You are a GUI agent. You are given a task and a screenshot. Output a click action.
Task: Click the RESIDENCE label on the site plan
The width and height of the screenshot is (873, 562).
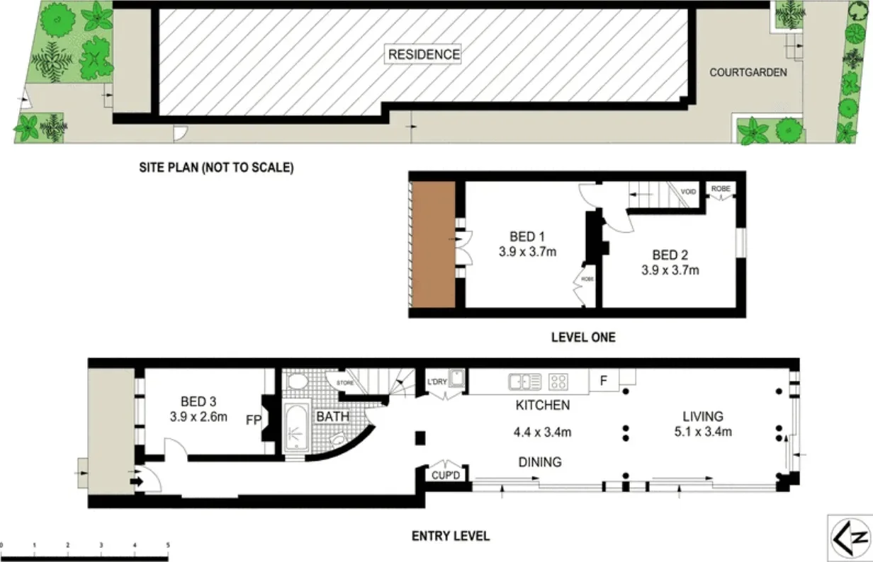(423, 54)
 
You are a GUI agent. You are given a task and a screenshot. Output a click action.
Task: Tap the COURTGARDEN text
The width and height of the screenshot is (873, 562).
(748, 72)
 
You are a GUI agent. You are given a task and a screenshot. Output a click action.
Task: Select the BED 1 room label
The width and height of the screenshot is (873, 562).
(527, 236)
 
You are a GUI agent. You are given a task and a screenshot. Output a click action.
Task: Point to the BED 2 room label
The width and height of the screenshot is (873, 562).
(670, 255)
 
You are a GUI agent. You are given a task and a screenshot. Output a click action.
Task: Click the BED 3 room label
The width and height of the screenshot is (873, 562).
(198, 401)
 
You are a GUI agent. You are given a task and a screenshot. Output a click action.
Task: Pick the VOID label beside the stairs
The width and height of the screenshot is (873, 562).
(688, 192)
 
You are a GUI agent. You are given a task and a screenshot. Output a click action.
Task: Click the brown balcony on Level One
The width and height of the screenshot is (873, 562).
(433, 244)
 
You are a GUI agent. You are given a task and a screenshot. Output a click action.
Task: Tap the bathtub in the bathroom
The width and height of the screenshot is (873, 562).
(295, 428)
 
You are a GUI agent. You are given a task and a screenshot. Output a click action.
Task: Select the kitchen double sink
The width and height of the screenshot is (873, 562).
(524, 382)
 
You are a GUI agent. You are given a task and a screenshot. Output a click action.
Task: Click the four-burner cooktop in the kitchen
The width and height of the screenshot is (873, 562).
(558, 382)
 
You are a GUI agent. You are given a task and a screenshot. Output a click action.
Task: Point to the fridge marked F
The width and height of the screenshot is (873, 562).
(604, 381)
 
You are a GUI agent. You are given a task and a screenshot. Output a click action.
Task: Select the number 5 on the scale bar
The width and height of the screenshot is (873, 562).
(167, 545)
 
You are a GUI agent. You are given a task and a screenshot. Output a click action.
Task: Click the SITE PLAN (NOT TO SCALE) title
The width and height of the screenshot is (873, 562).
(216, 168)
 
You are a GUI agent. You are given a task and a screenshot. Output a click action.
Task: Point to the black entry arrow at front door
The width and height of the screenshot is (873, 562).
(136, 482)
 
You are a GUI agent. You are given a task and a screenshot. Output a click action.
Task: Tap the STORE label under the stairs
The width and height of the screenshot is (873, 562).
(345, 383)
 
